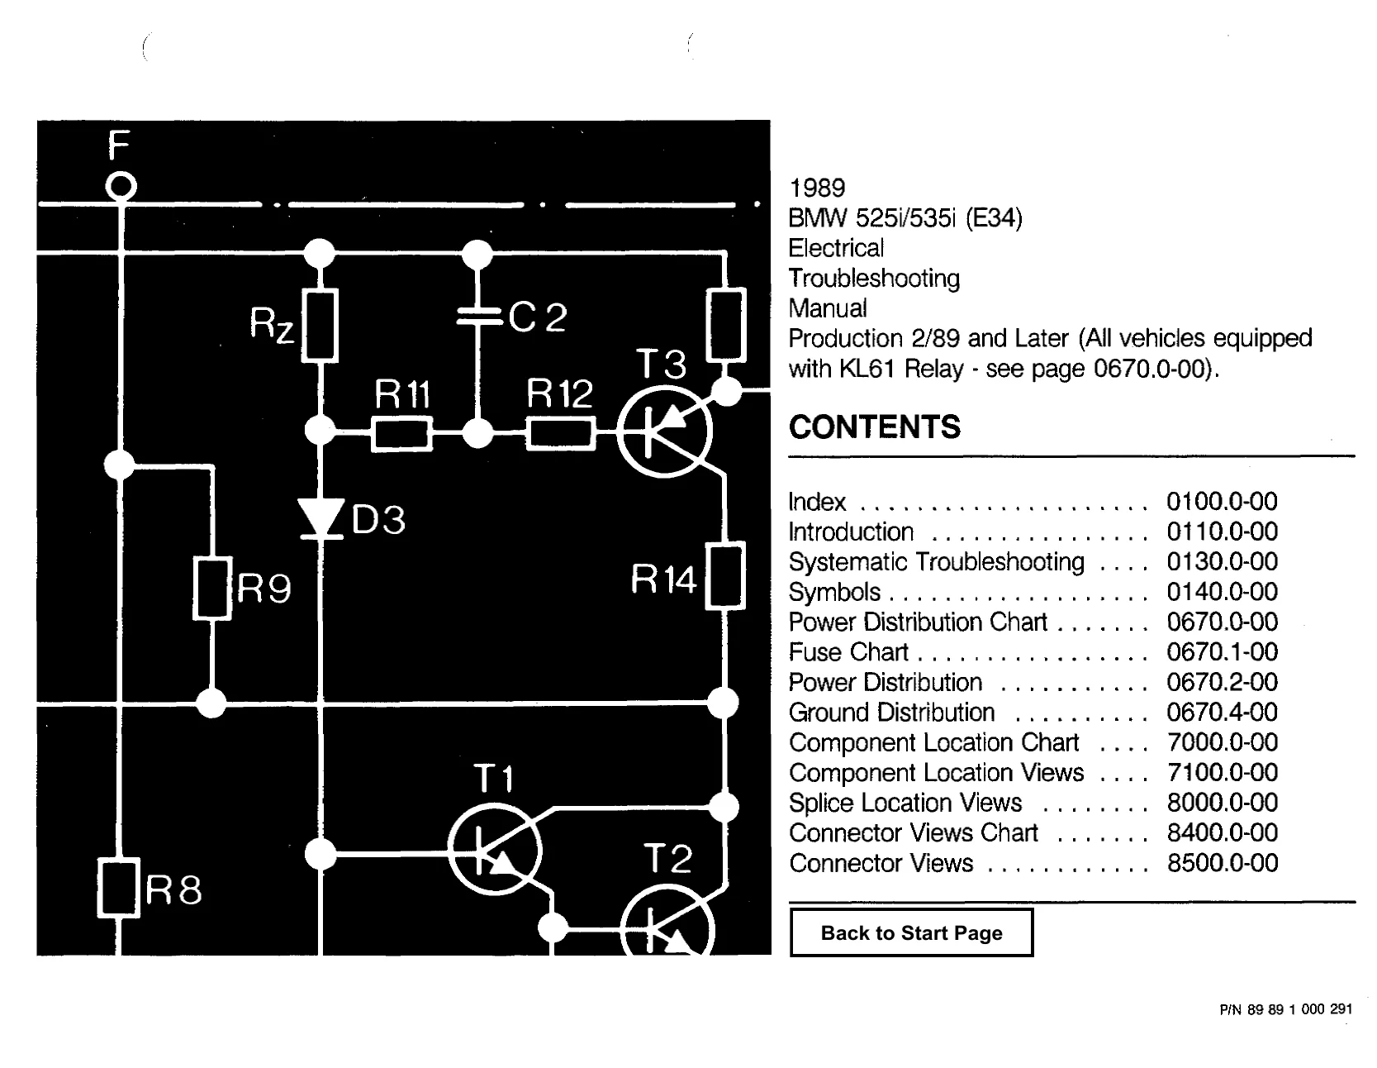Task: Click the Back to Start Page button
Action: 911,932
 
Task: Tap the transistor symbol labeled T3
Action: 663,431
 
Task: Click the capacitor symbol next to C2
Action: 477,317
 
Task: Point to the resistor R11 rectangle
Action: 401,433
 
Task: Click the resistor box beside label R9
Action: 212,589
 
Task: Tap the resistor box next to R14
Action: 725,575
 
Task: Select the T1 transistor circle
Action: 494,848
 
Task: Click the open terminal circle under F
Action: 121,187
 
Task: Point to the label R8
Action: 173,889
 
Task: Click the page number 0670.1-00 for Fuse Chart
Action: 1222,652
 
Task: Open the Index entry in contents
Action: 817,502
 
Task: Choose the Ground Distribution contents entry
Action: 891,713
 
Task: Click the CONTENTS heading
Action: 875,427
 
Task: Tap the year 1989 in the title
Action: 817,188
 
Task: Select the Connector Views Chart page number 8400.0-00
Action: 1222,833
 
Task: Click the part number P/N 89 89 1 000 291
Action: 1285,1008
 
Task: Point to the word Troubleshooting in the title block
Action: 874,279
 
